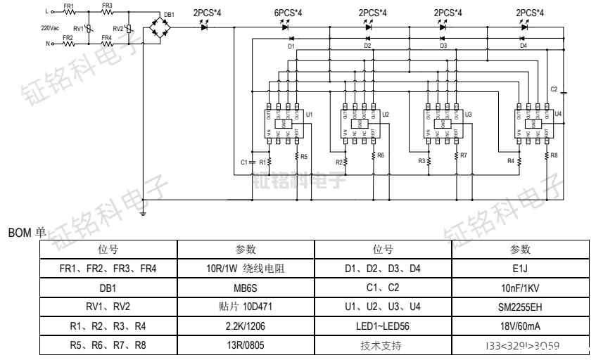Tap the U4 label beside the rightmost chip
point(558,113)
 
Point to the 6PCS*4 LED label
point(288,13)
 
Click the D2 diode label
point(367,46)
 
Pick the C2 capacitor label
point(554,89)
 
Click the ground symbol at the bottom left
point(144,211)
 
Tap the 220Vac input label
point(50,28)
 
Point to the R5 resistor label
point(304,155)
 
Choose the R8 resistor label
point(554,155)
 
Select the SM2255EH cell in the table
point(521,307)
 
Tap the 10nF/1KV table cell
point(521,288)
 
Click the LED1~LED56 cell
point(383,326)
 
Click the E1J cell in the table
point(521,269)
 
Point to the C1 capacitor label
point(243,162)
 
